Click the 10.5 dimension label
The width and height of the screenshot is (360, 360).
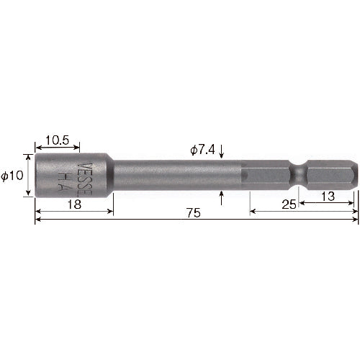57,140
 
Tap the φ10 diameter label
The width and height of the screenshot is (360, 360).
12,176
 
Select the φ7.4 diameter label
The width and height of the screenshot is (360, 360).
202,150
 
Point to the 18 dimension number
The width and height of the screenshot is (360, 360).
74,204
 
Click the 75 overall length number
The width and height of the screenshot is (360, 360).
194,213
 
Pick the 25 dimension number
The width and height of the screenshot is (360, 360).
289,204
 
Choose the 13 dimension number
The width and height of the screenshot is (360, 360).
328,197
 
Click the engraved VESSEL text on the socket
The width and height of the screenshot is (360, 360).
85,179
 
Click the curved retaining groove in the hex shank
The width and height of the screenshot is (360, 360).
298,174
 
